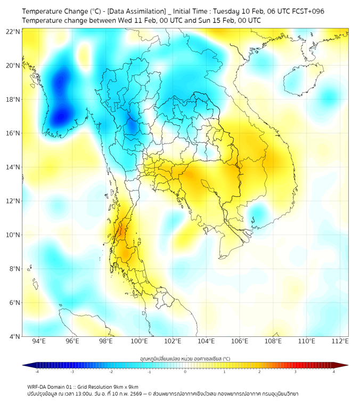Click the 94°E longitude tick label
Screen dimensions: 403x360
point(39,341)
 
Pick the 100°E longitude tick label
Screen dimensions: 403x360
point(139,341)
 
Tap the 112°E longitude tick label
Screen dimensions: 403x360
point(340,341)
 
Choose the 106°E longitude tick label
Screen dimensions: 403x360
point(240,341)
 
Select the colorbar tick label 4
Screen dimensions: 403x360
point(334,372)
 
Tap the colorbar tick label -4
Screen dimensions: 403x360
point(36,372)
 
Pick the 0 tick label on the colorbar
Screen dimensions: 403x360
point(185,372)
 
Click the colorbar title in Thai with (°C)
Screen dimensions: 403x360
point(185,358)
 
